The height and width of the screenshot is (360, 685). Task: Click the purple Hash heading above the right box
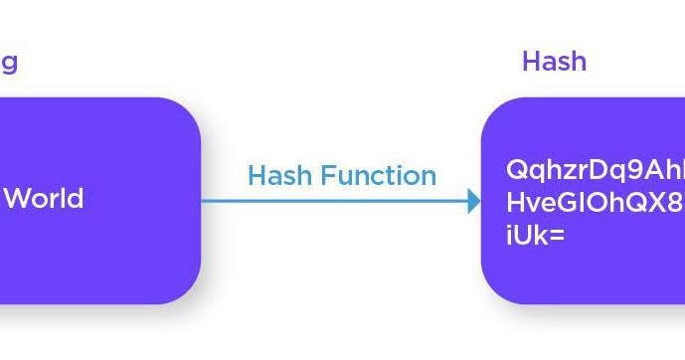[554, 62]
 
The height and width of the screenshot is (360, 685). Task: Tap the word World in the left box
[44, 198]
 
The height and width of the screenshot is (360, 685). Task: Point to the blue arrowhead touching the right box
[474, 201]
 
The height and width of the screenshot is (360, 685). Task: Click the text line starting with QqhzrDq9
[595, 170]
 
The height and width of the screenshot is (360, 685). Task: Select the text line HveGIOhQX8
[595, 203]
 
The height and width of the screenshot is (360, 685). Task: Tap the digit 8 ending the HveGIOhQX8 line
[674, 203]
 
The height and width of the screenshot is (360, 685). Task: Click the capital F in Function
[317, 176]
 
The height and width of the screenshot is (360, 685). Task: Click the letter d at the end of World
[76, 198]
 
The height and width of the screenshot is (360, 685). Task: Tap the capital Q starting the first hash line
[516, 170]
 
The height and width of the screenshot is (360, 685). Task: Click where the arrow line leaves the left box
[203, 201]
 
